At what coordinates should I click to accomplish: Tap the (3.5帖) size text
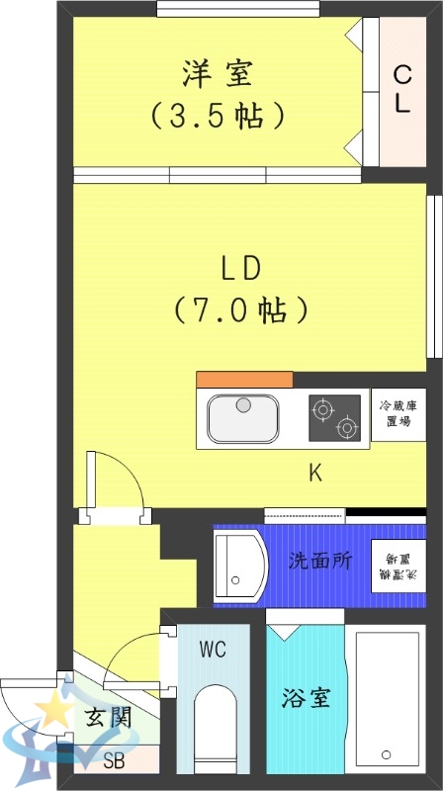tap(218, 115)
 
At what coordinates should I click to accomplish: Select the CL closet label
tap(401, 89)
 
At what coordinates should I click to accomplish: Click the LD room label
tap(239, 268)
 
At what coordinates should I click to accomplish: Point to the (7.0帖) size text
tap(240, 310)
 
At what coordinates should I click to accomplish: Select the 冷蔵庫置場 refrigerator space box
tap(399, 414)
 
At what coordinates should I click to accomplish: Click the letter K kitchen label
tap(314, 473)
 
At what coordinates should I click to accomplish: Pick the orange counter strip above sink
tap(244, 380)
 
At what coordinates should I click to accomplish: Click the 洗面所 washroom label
tap(319, 561)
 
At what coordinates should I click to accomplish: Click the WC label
tap(213, 650)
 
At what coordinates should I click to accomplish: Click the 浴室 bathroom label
tap(305, 698)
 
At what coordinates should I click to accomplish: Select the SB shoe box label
tap(115, 761)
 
